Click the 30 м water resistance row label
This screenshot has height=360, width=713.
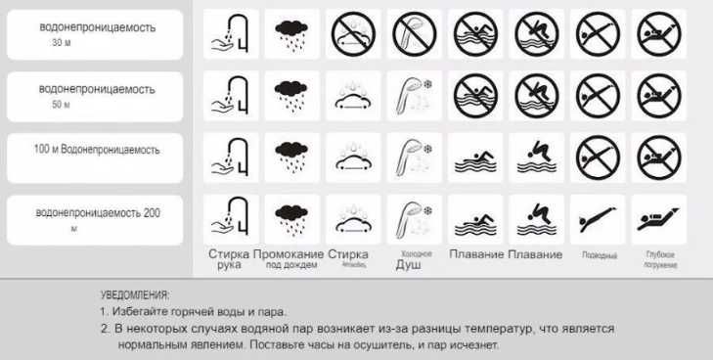pos(96,35)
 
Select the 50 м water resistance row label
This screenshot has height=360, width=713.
pos(96,95)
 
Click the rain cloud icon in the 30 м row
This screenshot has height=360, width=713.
pos(291,34)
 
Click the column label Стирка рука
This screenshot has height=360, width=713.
pos(229,258)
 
